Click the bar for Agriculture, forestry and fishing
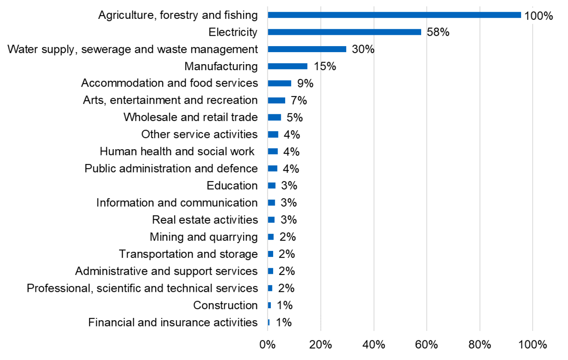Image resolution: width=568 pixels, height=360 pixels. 394,15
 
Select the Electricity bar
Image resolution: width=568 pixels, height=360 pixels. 345,32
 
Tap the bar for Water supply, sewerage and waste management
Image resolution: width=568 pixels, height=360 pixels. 307,49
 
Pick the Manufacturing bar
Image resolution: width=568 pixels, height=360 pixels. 288,66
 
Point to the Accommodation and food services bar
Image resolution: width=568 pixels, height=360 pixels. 280,83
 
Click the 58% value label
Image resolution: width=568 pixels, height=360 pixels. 438,32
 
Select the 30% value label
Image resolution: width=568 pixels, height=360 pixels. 363,49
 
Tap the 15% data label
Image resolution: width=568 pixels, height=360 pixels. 325,66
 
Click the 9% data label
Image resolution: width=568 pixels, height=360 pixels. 305,83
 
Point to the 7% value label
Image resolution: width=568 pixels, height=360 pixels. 299,100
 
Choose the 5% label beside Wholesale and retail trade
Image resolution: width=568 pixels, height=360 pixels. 294,117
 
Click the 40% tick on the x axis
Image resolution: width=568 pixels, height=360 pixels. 373,345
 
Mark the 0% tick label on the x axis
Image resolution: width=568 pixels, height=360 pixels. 268,345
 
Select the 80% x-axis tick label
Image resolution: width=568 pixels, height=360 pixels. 480,345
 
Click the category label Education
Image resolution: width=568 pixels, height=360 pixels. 232,186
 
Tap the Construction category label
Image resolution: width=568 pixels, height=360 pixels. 225,305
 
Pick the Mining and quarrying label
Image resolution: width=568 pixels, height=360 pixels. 203,237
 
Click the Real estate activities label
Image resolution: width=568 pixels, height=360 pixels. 205,220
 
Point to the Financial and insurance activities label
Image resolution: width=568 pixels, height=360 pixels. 172,322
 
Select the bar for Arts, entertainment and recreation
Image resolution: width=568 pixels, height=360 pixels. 276,100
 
